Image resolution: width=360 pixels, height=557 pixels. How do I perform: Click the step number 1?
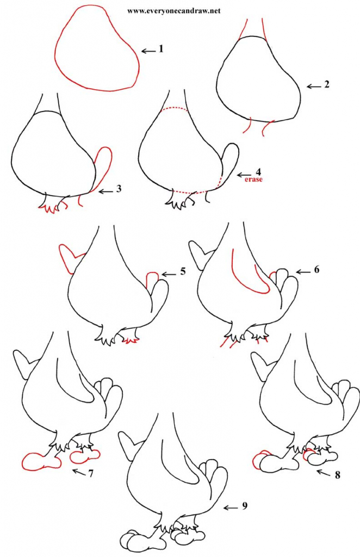(161, 49)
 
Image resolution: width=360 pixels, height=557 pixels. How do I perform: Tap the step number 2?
(326, 85)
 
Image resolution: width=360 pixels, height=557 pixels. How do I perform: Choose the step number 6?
(315, 270)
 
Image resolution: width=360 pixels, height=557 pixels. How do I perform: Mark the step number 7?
(91, 474)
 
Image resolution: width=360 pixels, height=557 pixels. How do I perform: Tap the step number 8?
(337, 475)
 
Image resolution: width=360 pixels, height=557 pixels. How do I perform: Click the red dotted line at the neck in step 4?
(174, 109)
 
